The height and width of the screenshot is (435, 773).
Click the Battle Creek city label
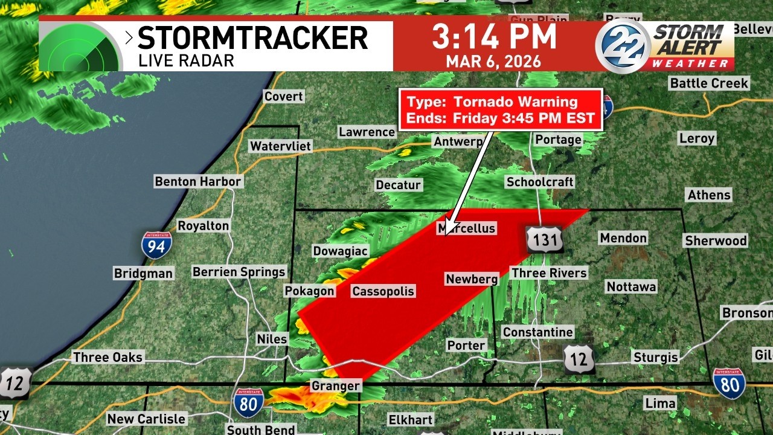click(709, 83)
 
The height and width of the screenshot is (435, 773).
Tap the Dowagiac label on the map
click(340, 251)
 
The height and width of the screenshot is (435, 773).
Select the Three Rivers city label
click(549, 273)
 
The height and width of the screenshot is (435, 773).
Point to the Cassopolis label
click(383, 291)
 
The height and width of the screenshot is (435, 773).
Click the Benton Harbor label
click(197, 181)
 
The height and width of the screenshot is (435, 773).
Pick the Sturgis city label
click(655, 357)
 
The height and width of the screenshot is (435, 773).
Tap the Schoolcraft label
click(539, 182)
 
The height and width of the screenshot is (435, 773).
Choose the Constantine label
click(537, 332)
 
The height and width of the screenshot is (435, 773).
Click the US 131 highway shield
click(544, 239)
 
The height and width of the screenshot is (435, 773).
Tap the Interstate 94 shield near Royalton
click(156, 245)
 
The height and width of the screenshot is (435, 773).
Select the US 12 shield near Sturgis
click(579, 359)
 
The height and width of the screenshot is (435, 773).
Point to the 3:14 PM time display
click(494, 37)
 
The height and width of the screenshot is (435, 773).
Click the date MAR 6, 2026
click(494, 62)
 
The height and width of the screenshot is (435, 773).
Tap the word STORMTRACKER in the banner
click(252, 37)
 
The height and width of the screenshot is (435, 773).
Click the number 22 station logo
click(623, 47)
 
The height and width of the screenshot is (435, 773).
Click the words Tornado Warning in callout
click(515, 102)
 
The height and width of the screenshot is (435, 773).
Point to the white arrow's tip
click(445, 234)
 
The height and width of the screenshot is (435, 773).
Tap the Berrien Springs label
click(239, 272)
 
